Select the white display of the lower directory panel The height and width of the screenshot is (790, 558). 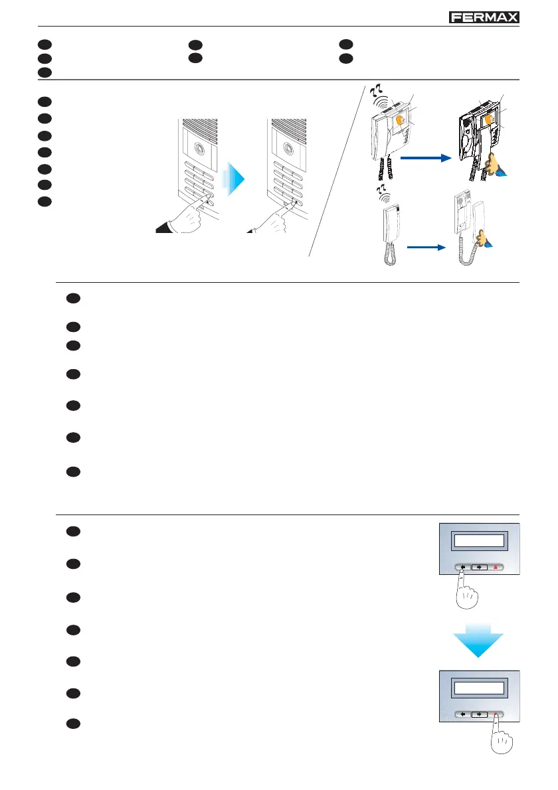coord(478,687)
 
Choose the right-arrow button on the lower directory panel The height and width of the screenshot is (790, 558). coord(480,715)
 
